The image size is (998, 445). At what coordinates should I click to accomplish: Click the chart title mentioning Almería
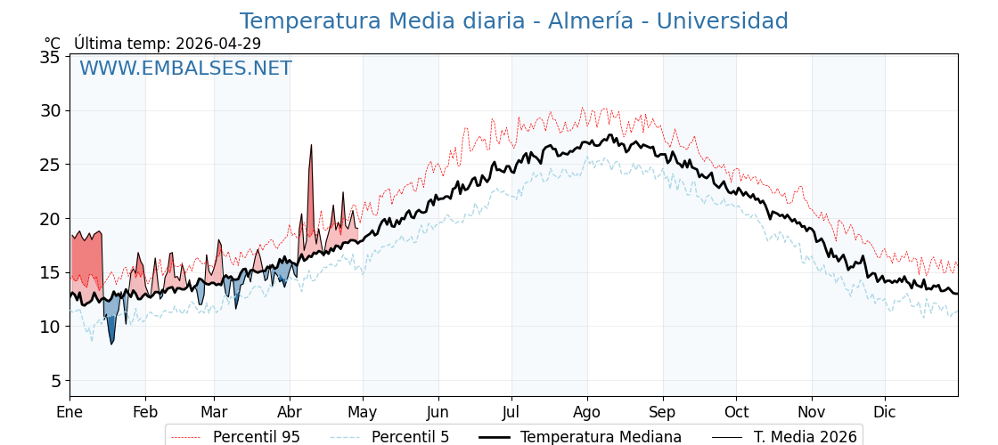tap(513, 21)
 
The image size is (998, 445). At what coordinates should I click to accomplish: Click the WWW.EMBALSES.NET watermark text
tap(185, 69)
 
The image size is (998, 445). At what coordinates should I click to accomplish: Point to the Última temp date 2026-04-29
tap(218, 44)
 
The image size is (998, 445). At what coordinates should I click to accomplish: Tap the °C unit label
tap(52, 44)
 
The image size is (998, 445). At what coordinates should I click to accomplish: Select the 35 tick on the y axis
tap(50, 57)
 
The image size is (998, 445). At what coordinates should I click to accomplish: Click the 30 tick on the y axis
tap(50, 111)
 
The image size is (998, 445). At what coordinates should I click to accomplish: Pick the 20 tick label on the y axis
tap(50, 219)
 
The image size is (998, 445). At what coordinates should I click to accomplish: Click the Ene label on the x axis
tap(70, 413)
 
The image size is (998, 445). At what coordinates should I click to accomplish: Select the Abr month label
tap(290, 413)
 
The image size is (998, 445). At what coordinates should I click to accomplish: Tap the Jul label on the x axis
tap(511, 413)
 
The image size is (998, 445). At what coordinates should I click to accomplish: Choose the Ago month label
tap(587, 413)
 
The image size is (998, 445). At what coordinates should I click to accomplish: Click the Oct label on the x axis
tap(736, 413)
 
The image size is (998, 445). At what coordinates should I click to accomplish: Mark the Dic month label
tap(885, 413)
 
